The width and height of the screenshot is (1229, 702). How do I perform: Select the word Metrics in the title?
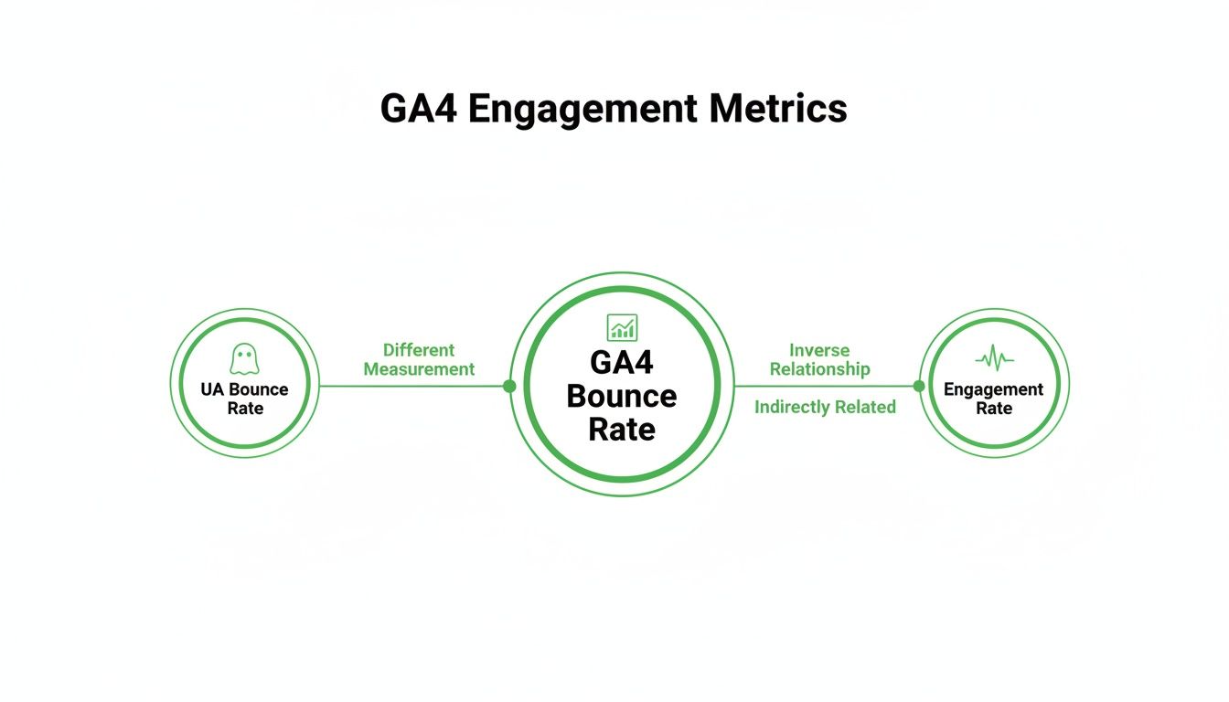tap(777, 109)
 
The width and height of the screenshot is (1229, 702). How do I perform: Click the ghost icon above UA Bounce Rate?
tap(244, 358)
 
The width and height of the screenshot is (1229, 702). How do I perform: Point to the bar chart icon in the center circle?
tap(622, 326)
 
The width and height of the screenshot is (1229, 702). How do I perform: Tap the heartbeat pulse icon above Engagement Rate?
tap(994, 358)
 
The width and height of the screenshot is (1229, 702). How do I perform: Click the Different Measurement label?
tap(419, 359)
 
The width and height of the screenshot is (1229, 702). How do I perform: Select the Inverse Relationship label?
tap(819, 359)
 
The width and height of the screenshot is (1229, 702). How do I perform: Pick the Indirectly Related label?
tap(825, 408)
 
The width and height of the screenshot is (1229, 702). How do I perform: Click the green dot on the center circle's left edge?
tap(509, 386)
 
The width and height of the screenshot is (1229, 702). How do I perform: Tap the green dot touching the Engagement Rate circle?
tap(919, 386)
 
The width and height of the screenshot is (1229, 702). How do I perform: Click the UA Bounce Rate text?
tap(244, 399)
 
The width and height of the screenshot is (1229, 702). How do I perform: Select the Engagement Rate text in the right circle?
tap(994, 399)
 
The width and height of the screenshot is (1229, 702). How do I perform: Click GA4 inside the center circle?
tap(622, 363)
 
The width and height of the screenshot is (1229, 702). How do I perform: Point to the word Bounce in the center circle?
tap(622, 397)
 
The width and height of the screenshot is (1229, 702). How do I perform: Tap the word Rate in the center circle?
tap(622, 430)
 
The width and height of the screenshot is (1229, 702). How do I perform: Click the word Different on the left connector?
tap(419, 350)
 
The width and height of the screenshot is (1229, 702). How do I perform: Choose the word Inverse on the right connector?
tap(819, 350)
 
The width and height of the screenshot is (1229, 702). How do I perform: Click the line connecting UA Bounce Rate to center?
tap(411, 386)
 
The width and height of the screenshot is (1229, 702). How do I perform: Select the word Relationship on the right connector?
tap(819, 369)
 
